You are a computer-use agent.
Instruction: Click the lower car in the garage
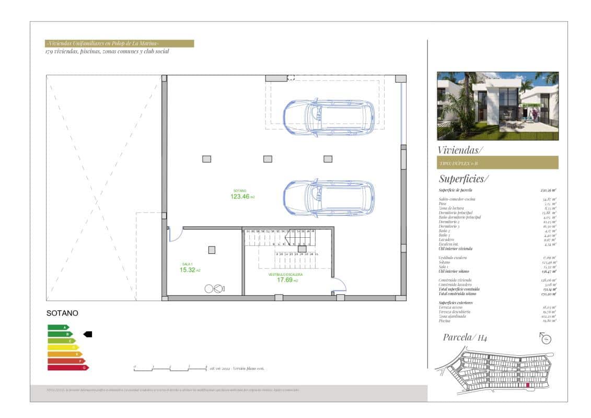(328, 198)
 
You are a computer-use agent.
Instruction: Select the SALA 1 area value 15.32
(188, 270)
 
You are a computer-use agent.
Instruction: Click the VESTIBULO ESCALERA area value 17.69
(285, 280)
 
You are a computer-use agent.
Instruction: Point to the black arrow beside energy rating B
(88, 334)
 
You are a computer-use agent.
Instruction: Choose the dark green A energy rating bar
(58, 328)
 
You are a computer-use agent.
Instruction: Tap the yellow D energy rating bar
(63, 347)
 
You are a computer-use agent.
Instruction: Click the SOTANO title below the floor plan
(62, 313)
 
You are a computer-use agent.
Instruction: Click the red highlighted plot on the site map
(527, 385)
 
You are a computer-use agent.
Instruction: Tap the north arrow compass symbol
(547, 339)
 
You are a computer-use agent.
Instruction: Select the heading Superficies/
(463, 179)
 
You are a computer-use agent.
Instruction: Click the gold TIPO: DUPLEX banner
(497, 163)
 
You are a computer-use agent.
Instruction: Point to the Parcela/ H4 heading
(465, 338)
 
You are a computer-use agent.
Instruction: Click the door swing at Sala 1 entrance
(175, 234)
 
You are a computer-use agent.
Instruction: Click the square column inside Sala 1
(212, 250)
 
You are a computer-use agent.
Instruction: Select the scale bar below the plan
(170, 368)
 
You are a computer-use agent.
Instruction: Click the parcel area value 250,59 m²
(548, 191)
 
